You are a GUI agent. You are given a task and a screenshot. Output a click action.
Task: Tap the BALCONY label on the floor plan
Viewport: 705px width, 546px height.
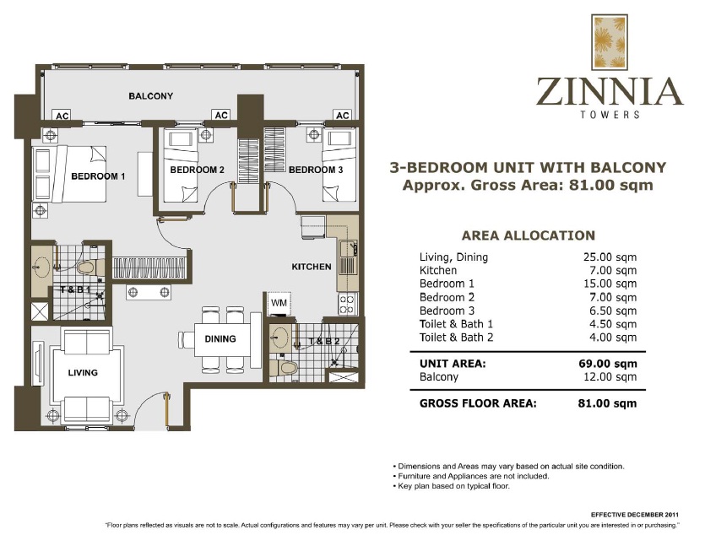click(151, 96)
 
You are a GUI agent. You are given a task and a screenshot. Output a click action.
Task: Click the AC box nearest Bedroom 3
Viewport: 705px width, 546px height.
click(342, 116)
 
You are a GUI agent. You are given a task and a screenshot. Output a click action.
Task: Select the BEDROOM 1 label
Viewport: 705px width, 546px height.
click(98, 176)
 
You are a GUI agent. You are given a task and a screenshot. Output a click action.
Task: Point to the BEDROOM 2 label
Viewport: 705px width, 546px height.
click(197, 170)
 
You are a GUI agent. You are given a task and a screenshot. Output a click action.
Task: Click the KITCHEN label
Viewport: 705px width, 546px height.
click(312, 267)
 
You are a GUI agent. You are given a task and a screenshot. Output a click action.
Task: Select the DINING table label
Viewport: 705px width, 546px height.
click(220, 339)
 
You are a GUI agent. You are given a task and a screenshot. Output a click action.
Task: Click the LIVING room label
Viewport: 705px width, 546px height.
click(84, 372)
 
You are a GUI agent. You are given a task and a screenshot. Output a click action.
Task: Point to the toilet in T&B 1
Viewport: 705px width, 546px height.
click(84, 268)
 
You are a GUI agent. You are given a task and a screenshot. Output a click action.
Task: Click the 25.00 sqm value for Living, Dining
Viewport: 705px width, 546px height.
click(613, 257)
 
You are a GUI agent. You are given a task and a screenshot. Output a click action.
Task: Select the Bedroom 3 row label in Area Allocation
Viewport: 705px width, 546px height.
click(447, 311)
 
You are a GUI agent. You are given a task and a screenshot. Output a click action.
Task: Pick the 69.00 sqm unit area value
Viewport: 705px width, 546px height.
click(612, 364)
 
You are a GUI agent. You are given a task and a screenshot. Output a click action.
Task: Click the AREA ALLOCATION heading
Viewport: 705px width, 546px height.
click(528, 235)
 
